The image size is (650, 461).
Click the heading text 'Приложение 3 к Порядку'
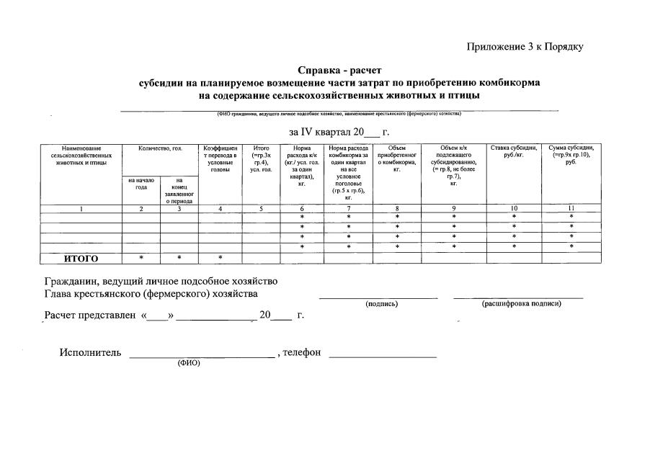tap(525, 47)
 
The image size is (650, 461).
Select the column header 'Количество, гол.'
tap(160, 148)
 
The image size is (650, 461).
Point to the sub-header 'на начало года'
tap(141, 184)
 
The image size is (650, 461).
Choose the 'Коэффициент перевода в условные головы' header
tap(220, 159)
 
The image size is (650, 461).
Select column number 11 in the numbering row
tap(571, 209)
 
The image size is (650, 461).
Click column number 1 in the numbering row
tap(81, 209)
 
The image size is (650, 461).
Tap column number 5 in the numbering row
tap(261, 209)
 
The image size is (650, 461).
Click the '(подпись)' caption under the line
tap(382, 304)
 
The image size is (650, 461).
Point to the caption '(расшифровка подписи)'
tap(521, 303)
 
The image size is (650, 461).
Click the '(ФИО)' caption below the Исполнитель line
tap(189, 362)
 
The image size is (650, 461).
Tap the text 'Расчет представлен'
tap(90, 315)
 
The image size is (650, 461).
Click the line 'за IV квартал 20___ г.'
tap(339, 132)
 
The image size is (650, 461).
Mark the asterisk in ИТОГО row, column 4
tap(220, 258)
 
